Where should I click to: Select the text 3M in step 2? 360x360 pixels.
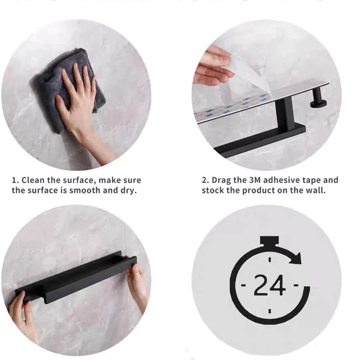[x=255, y=180]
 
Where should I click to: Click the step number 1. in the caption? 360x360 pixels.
[x=15, y=180]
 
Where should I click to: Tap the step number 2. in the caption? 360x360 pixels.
[x=205, y=180]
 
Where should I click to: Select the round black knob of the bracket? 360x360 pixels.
[x=319, y=102]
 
